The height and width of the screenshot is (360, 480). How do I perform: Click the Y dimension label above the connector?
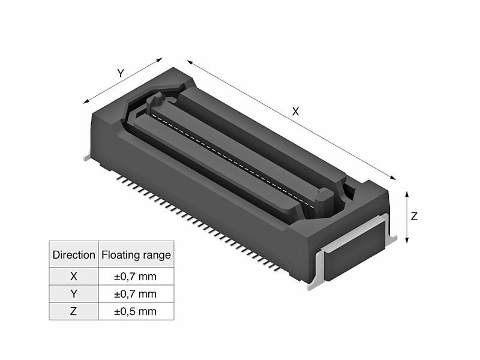point(121,73)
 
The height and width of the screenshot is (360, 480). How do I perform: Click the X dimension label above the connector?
point(295,112)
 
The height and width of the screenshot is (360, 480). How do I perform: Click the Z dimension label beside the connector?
point(414,217)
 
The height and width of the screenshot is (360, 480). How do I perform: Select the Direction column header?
point(74,254)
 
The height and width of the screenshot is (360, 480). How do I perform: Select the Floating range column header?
point(136,254)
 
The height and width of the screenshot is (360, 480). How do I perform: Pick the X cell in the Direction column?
point(74,277)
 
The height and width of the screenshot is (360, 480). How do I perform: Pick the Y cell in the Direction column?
point(74,294)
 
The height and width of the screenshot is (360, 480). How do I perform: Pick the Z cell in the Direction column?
point(74,311)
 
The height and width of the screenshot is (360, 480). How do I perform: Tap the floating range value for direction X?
point(136,277)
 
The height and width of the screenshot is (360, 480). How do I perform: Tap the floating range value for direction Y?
point(136,294)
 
